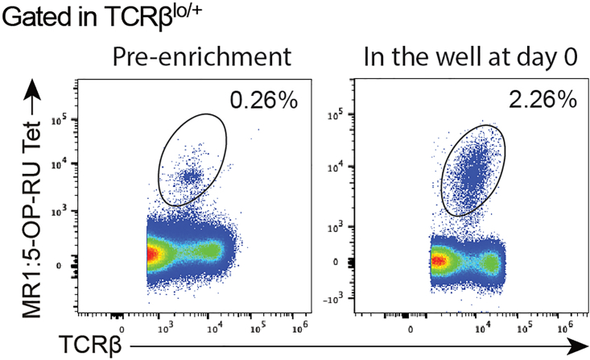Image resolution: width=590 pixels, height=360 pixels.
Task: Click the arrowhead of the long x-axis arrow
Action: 576,345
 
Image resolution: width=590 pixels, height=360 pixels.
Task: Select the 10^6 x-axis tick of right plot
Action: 567,328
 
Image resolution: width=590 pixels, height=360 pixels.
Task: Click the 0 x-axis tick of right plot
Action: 411,328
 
